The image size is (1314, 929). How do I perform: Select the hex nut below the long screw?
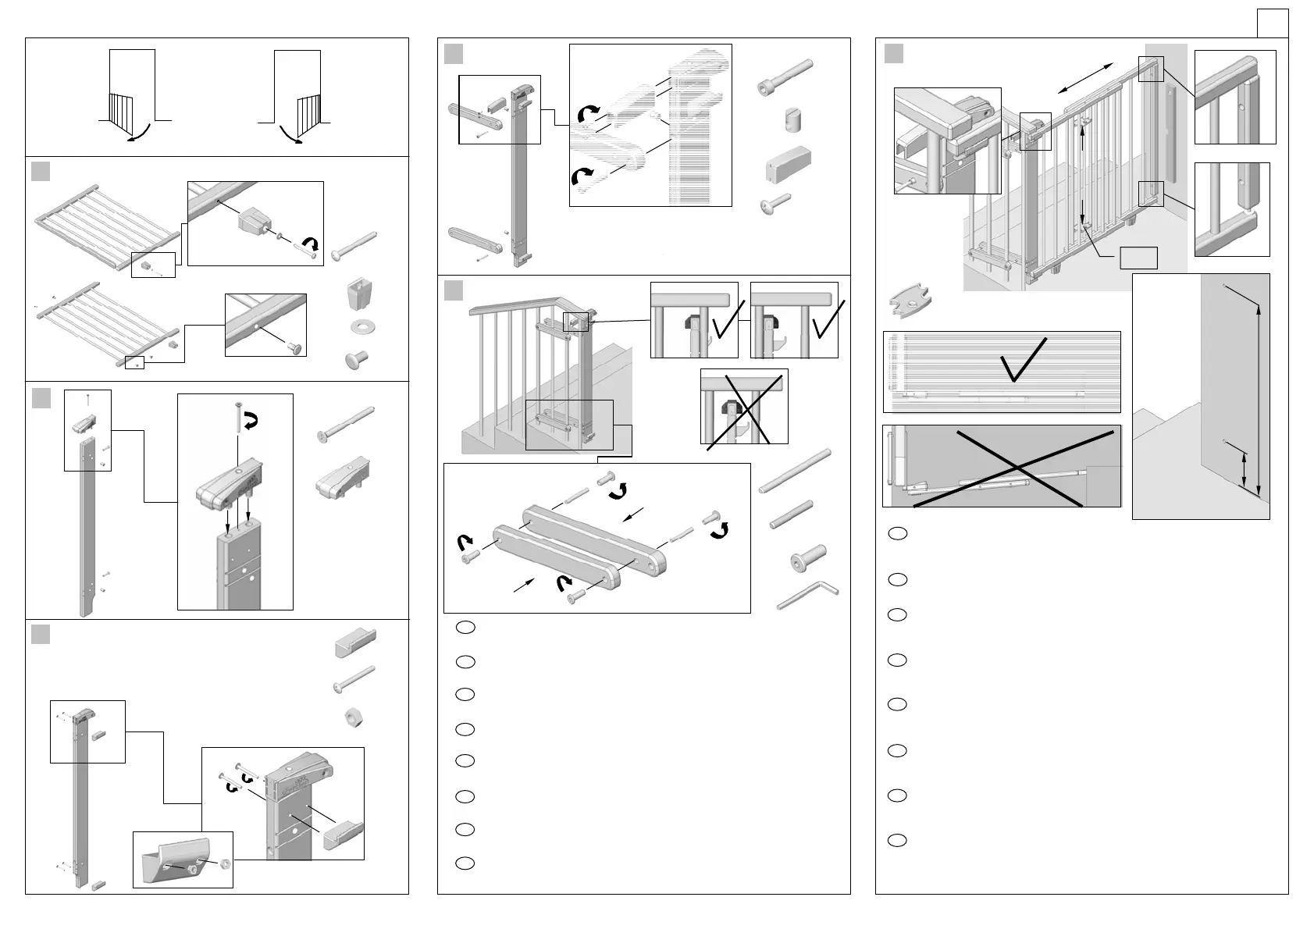[x=356, y=717]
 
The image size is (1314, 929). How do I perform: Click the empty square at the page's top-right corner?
[x=1272, y=23]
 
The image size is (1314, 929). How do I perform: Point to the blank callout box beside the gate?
[x=1138, y=258]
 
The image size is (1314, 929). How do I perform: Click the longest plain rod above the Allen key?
[x=795, y=471]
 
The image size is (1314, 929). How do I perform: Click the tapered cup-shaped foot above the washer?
[x=357, y=295]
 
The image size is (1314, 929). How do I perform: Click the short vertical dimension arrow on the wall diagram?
[x=1245, y=471]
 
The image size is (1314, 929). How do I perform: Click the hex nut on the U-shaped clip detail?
[x=225, y=864]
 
